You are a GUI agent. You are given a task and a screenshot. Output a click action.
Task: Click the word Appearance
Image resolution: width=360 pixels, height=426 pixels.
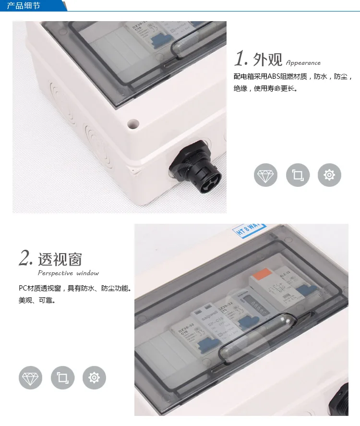[303, 62]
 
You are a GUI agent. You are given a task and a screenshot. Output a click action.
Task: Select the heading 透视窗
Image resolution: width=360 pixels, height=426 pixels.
[60, 259]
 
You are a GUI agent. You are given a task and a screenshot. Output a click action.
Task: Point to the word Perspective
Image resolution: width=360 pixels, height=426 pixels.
[55, 273]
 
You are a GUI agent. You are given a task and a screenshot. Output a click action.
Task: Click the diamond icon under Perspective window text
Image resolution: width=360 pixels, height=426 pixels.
[30, 377]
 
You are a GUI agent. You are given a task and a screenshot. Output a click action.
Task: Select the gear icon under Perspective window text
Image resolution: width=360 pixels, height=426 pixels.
[94, 377]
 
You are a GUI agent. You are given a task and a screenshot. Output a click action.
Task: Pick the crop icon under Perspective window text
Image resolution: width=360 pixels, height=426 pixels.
[62, 377]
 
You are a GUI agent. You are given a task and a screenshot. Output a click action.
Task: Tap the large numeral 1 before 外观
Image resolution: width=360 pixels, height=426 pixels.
[240, 59]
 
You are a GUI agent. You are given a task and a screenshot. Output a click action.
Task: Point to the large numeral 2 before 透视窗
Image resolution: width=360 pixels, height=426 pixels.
[26, 258]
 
